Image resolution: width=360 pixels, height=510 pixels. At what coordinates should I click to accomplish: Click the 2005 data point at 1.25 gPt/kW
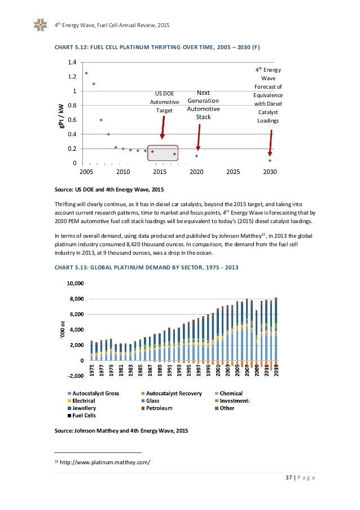(86, 73)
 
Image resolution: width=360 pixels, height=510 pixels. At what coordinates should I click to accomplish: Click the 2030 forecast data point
(270, 160)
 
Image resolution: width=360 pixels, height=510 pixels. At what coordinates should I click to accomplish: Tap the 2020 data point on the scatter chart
(196, 156)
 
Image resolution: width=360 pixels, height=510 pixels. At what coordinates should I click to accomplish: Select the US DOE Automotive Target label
(164, 102)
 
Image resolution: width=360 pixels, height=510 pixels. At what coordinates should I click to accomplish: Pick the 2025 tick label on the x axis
(233, 171)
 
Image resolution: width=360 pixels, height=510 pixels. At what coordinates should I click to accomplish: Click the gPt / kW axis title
(60, 112)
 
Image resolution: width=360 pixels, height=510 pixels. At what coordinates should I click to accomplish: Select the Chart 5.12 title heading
(156, 45)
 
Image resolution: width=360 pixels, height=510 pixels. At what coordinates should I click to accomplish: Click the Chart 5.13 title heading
(147, 267)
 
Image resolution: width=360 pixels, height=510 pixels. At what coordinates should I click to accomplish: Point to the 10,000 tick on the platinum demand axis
(75, 283)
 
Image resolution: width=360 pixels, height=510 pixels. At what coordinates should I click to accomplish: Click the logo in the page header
(41, 25)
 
